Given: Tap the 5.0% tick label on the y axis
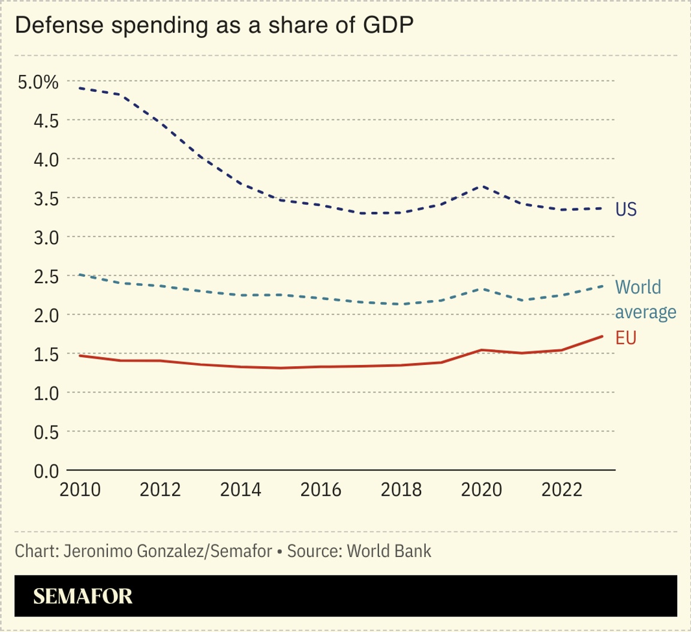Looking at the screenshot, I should [x=38, y=82].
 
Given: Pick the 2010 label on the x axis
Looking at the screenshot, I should [x=80, y=490].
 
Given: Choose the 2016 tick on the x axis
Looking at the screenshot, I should [x=321, y=490].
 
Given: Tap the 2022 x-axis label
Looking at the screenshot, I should [x=561, y=490].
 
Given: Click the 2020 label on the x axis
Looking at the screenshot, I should [x=481, y=490].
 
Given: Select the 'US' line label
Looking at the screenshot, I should [x=626, y=209].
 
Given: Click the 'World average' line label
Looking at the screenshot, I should [x=645, y=299].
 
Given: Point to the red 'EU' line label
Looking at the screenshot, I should [x=626, y=338].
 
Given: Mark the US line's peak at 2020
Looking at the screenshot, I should [x=481, y=186].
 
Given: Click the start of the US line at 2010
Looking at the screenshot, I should [x=80, y=88].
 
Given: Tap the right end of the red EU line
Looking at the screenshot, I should [x=602, y=336].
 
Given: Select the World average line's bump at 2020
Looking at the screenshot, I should [x=481, y=289].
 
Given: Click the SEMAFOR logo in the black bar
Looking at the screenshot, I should [x=83, y=596].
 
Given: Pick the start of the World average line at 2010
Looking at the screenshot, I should [x=80, y=275].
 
